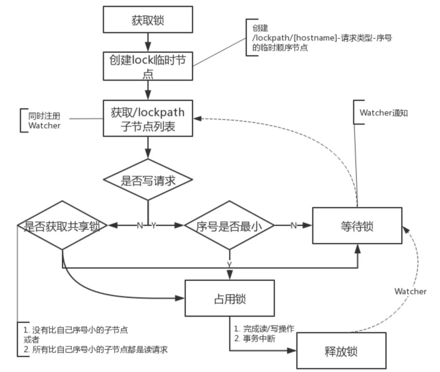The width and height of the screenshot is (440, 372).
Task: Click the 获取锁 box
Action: (147, 20)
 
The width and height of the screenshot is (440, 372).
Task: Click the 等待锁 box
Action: (357, 226)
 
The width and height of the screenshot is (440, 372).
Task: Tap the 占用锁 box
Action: (229, 298)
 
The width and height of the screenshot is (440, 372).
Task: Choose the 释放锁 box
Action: (341, 351)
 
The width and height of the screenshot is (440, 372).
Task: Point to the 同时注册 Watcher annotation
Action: (44, 121)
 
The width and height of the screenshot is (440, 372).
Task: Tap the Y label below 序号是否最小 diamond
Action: (229, 265)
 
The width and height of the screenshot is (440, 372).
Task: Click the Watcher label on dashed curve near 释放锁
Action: (410, 291)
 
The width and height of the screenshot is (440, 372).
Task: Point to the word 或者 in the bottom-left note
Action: (31, 339)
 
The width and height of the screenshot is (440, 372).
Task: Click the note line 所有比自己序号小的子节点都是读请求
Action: (95, 349)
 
